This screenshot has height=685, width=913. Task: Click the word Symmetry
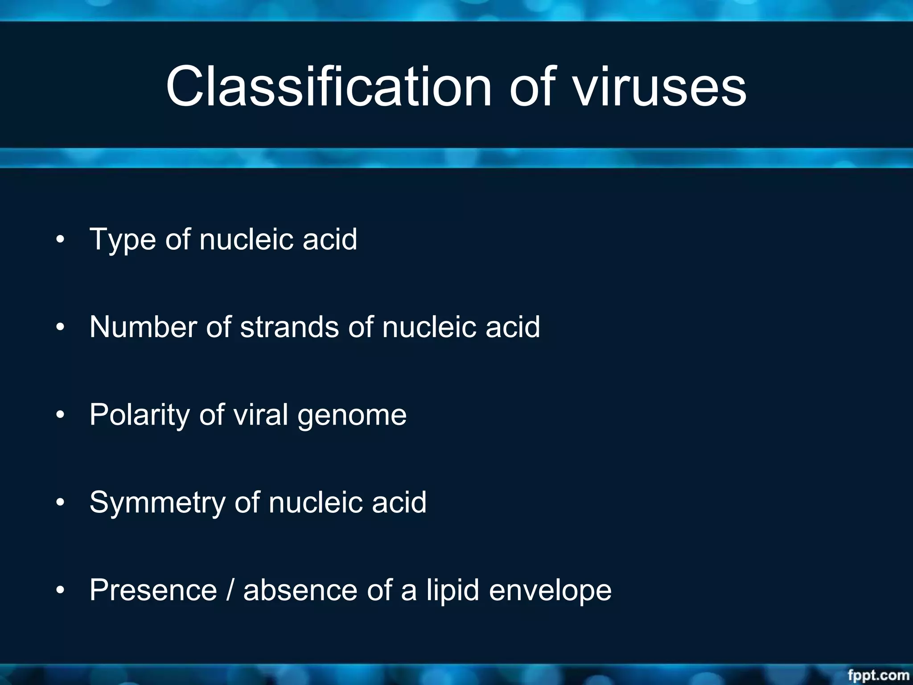tap(157, 503)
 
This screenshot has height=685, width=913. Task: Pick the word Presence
tap(153, 590)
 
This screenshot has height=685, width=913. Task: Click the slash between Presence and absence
tap(230, 590)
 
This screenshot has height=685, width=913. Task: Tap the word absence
tap(300, 590)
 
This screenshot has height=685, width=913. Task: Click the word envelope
tap(550, 590)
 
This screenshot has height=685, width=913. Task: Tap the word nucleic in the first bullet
tap(247, 239)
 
